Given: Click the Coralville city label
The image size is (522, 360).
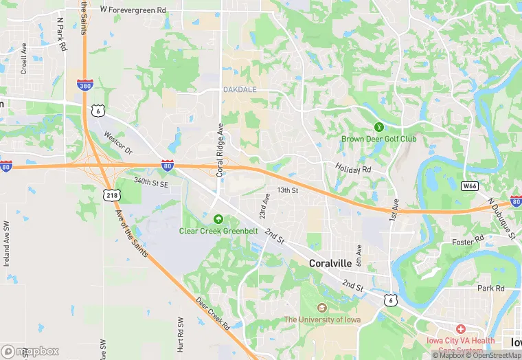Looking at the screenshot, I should click(x=330, y=263).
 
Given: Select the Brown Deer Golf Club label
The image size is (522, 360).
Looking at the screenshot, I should click(x=378, y=139).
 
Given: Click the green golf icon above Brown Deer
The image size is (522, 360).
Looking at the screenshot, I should click(x=378, y=127).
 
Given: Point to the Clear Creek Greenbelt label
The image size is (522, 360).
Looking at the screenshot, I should click(x=218, y=231).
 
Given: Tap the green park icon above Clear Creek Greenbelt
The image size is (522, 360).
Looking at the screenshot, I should click(x=218, y=219).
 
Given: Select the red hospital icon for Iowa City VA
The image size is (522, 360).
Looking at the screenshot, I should click(x=460, y=329).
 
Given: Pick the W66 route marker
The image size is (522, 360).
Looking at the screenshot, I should click(x=469, y=185).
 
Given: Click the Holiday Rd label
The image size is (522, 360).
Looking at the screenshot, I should click(x=353, y=168).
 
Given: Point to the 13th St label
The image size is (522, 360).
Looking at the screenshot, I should click(x=287, y=190).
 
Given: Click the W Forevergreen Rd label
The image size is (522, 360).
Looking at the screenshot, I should click(x=133, y=10).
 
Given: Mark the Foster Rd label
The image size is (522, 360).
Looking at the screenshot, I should click(x=468, y=242).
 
